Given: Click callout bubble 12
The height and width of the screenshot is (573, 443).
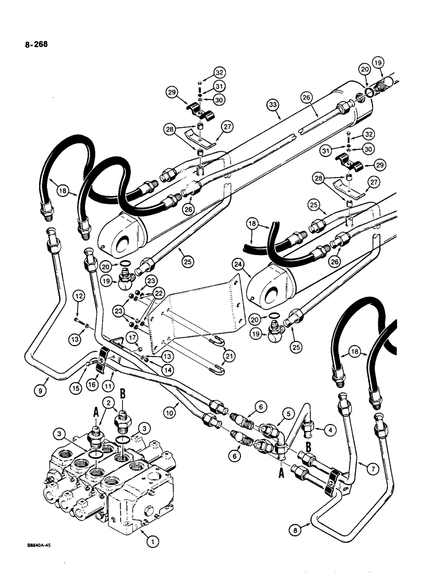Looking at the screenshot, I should tap(79, 296).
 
